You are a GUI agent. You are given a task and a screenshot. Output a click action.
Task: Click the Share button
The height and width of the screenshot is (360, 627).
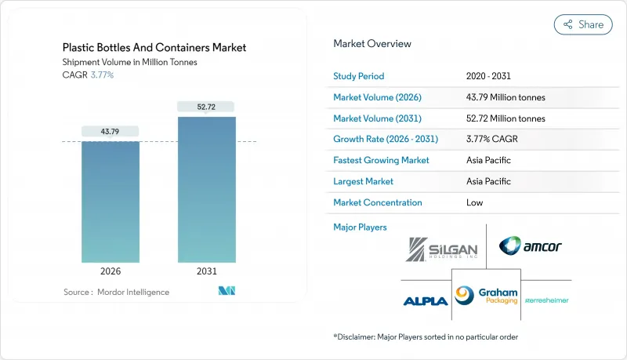[583, 24]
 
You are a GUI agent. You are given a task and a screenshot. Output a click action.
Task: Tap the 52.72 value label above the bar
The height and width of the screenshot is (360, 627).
[206, 106]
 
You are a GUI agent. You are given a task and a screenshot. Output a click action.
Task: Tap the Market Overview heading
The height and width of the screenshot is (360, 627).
[372, 44]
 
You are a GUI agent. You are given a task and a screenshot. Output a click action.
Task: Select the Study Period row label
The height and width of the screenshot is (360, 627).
[359, 76]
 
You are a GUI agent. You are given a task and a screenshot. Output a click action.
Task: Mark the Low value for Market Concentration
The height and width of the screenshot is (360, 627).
[474, 202]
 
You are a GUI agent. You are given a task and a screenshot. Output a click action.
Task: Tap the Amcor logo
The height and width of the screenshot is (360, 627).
[530, 246]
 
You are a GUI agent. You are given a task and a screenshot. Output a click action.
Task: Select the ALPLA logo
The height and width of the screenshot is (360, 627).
[425, 300]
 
